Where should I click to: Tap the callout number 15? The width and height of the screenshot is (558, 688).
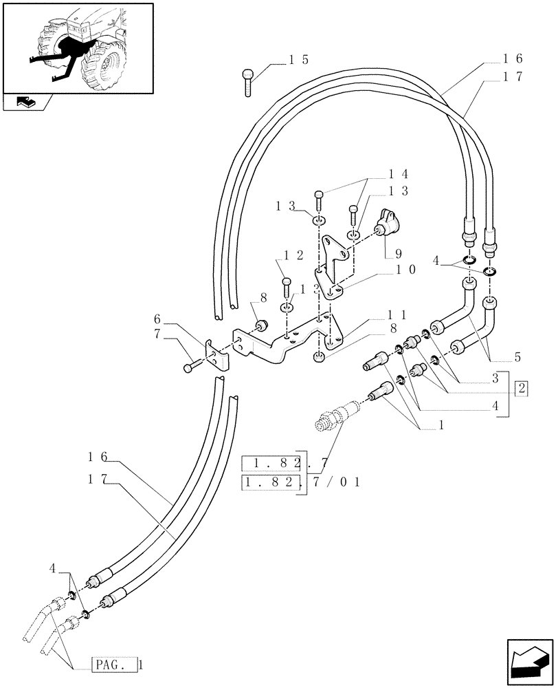point(298,60)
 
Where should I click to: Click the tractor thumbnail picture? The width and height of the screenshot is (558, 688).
point(78,46)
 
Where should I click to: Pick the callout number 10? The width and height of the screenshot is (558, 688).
point(405,270)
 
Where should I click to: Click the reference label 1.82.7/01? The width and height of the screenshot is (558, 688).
point(301,482)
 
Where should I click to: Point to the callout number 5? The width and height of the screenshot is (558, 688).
point(517,357)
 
